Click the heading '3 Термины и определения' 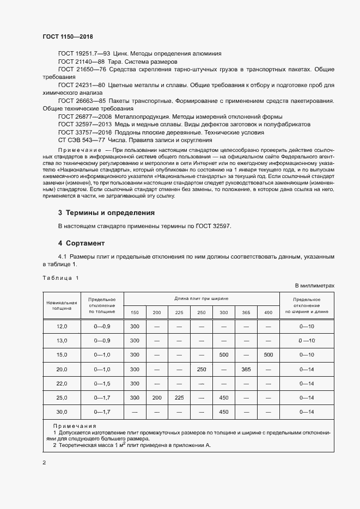[x=106, y=213]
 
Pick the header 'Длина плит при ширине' [x=201, y=299]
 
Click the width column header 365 [x=246, y=312]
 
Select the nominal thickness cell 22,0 [x=62, y=383]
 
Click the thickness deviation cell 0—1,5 [x=102, y=383]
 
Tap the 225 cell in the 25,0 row [x=179, y=398]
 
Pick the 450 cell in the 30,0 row [x=223, y=412]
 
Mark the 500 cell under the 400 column [x=268, y=355]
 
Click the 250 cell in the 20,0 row [x=202, y=369]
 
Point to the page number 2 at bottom [x=44, y=463]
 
